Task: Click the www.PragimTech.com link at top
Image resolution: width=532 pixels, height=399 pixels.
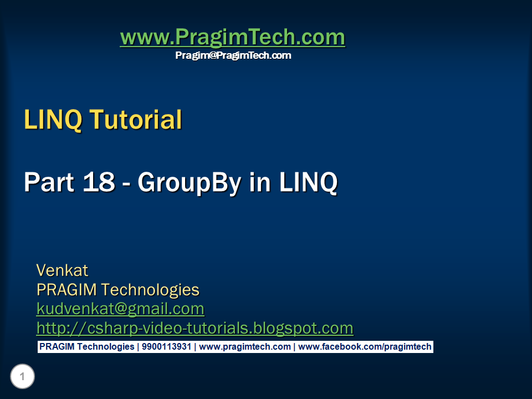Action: click(232, 38)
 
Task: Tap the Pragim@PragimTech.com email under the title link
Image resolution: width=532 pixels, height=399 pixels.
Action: click(233, 55)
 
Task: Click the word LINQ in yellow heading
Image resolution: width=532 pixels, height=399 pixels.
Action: click(53, 120)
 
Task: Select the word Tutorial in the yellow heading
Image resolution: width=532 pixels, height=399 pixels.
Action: click(135, 120)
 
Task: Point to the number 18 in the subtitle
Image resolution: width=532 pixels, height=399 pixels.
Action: click(99, 183)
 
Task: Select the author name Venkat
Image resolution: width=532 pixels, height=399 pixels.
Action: click(62, 270)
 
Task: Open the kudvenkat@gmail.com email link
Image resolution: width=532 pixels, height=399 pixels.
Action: click(120, 309)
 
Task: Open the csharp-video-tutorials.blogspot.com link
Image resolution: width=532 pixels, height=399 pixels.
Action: click(195, 328)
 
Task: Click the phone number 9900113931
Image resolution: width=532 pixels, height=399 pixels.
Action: click(166, 347)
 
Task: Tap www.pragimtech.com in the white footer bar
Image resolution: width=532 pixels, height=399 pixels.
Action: click(244, 347)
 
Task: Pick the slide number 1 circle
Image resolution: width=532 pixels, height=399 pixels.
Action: click(22, 377)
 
